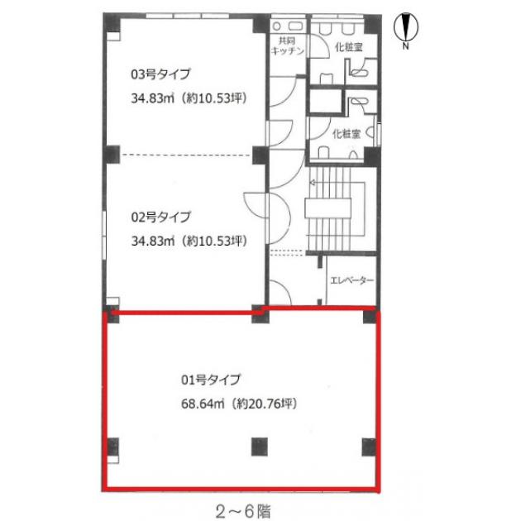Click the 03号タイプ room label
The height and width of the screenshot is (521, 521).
click(160, 74)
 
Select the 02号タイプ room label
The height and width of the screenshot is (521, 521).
click(160, 217)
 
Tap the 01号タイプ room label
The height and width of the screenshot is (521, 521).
click(211, 380)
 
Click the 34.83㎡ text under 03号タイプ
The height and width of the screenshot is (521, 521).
click(152, 98)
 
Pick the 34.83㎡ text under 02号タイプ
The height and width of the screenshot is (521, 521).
click(153, 241)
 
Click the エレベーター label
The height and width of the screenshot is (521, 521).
click(351, 281)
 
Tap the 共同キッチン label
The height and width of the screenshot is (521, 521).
click(288, 45)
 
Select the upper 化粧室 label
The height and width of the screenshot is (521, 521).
click(349, 47)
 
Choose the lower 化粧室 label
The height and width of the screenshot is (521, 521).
click(347, 134)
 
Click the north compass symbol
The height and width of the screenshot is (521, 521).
click(406, 27)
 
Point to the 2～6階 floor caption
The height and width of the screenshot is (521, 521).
click(243, 511)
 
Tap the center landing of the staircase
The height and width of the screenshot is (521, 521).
click(328, 208)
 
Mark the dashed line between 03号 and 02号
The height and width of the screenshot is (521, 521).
click(186, 155)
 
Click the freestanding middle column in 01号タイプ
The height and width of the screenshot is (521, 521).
click(260, 447)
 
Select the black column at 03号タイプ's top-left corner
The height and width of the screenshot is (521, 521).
click(112, 22)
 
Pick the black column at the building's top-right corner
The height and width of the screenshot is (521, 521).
click(373, 24)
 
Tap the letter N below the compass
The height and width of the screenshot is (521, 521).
click(405, 45)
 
